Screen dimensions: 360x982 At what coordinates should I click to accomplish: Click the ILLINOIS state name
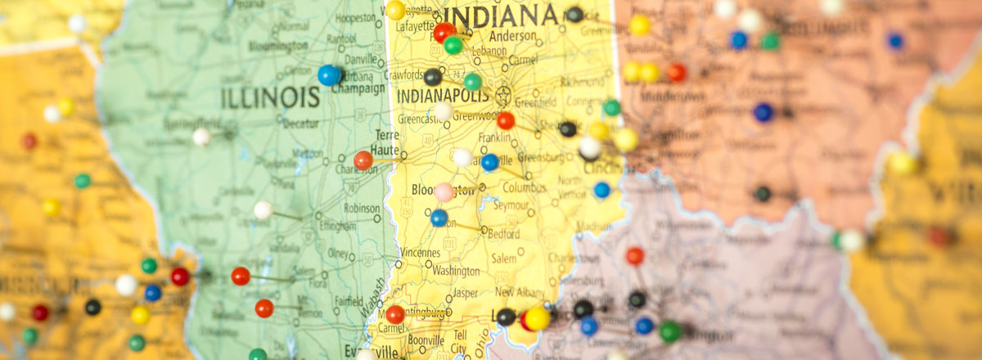click(x=270, y=98)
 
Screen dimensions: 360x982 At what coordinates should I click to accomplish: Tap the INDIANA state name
click(x=501, y=16)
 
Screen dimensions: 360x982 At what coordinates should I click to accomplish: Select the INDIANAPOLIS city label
click(x=441, y=95)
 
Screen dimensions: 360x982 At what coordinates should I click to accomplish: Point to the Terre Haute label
click(x=386, y=142)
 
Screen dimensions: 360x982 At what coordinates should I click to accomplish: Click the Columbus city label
click(x=525, y=187)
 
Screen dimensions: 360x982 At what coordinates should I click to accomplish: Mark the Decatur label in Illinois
click(x=301, y=124)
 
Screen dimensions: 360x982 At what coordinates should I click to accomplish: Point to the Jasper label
click(x=465, y=292)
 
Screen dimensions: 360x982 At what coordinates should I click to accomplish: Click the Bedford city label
click(x=502, y=233)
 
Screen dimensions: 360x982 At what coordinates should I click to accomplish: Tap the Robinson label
click(x=361, y=208)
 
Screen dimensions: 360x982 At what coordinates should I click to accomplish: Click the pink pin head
click(x=444, y=192)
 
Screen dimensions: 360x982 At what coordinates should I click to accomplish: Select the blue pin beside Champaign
click(x=329, y=75)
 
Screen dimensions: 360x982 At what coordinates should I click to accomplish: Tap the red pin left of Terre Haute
click(x=363, y=160)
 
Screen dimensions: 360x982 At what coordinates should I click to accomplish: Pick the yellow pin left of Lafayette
click(x=395, y=10)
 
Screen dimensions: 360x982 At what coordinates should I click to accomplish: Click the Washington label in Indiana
click(x=456, y=271)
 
